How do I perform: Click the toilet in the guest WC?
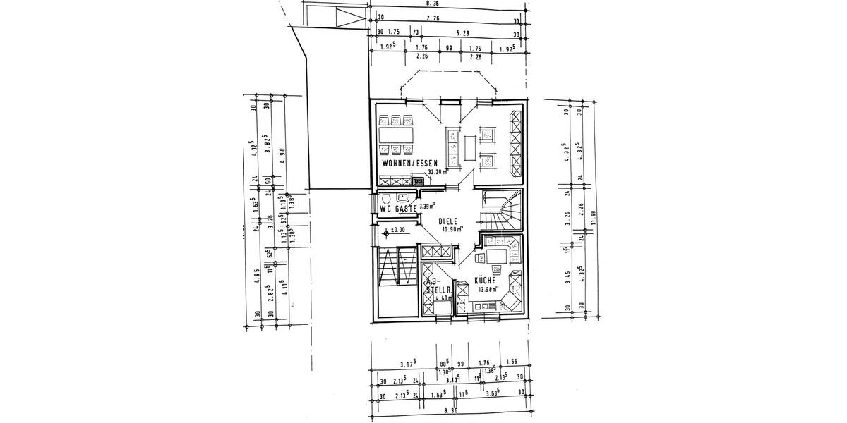[x=386, y=198]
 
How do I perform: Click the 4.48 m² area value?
[x=443, y=298]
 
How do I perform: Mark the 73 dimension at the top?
[x=415, y=32]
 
